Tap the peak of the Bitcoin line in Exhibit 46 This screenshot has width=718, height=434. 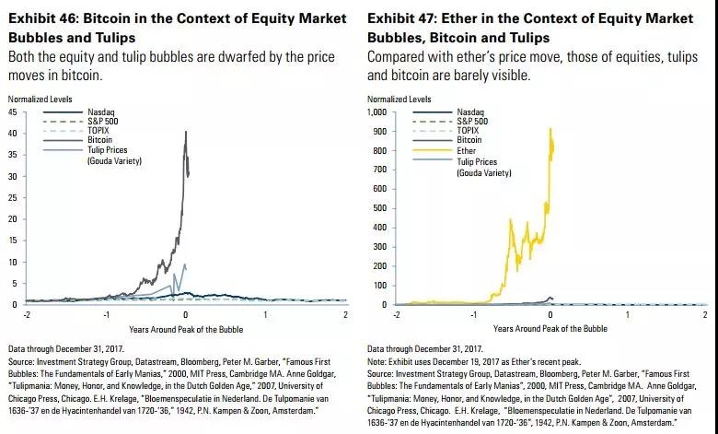coord(186,132)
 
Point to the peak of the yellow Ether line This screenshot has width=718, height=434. coord(550,129)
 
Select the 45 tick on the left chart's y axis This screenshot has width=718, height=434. coord(13,112)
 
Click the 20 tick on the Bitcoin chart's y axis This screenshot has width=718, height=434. coord(13,219)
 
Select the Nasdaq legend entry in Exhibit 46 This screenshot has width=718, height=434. coord(100,112)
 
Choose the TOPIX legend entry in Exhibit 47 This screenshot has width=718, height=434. coord(469,131)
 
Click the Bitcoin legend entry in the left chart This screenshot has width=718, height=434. coord(100,141)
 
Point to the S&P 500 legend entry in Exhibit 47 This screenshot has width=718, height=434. coord(473,122)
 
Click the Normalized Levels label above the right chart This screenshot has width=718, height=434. coord(399,99)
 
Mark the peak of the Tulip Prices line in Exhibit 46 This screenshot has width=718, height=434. coord(186,264)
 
